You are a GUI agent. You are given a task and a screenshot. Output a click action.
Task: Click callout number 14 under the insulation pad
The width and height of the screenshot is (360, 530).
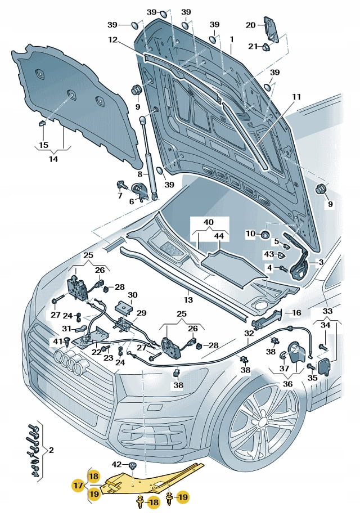(52, 159)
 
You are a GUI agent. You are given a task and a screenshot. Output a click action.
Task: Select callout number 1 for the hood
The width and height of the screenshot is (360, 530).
(231, 39)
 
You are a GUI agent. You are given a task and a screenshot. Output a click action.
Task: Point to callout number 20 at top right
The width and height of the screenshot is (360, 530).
(251, 24)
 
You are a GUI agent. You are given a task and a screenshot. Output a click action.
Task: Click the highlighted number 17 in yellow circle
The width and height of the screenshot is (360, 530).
(78, 484)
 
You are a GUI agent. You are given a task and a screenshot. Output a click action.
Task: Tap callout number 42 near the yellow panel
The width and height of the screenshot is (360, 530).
(116, 464)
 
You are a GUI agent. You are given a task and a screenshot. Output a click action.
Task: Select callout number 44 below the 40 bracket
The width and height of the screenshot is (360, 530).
(219, 237)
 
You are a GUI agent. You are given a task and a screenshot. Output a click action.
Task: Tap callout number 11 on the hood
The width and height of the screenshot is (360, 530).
(296, 97)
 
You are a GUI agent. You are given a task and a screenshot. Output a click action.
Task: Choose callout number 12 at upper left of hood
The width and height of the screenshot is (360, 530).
(113, 40)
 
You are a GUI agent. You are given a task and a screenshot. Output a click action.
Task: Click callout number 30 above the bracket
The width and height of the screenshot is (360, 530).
(133, 295)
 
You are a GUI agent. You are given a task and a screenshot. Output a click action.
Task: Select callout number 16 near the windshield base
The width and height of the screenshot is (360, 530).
(297, 312)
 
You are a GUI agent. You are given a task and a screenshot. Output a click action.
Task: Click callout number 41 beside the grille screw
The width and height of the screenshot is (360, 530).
(56, 341)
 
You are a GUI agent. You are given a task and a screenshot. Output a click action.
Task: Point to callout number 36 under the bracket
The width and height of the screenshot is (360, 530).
(288, 384)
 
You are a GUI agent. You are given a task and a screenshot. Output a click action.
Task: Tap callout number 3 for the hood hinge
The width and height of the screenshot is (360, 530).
(321, 262)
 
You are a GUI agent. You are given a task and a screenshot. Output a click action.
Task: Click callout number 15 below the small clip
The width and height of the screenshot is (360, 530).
(43, 145)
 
